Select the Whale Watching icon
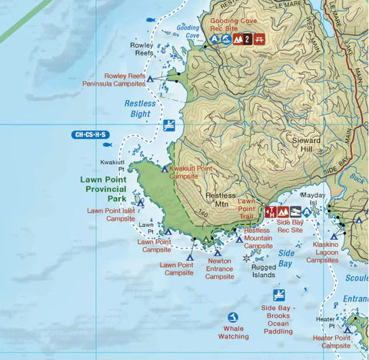(x=233, y=317)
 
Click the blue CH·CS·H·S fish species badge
(x=91, y=135)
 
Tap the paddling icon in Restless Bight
(x=168, y=125)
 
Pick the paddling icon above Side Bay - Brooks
(x=278, y=295)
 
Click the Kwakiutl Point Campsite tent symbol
(x=165, y=168)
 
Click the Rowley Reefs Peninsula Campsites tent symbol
(x=151, y=79)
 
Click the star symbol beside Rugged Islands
(x=246, y=258)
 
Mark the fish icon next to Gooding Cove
(x=150, y=19)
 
